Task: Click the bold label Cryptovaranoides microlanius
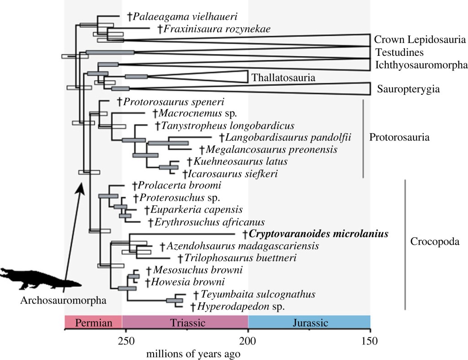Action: click(319, 234)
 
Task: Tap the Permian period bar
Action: click(93, 322)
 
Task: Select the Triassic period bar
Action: click(185, 322)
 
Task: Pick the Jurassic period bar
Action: click(308, 322)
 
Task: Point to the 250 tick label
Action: click(122, 340)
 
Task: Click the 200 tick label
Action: click(248, 340)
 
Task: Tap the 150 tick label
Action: click(370, 340)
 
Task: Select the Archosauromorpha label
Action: click(63, 301)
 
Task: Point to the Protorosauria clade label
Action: click(399, 137)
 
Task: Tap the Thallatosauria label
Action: click(283, 77)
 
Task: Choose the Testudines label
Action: click(399, 52)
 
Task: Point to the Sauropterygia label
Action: click(408, 89)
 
